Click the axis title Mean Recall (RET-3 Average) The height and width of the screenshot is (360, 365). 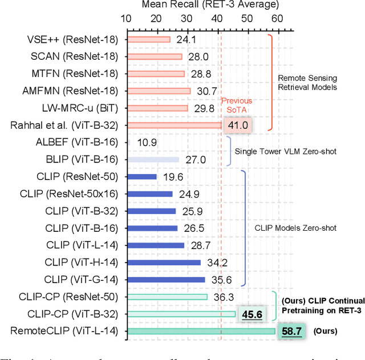click(202, 6)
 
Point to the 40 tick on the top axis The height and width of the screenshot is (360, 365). click(217, 19)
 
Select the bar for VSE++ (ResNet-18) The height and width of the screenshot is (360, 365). click(148, 39)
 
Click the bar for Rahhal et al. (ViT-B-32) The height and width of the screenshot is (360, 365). click(173, 125)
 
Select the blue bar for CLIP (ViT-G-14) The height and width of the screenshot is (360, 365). click(165, 279)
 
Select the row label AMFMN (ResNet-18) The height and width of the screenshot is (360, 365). click(70, 91)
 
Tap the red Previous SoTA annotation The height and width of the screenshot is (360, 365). click(236, 105)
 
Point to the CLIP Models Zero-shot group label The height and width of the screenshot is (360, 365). click(303, 228)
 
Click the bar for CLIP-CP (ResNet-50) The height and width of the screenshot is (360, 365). click(167, 296)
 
